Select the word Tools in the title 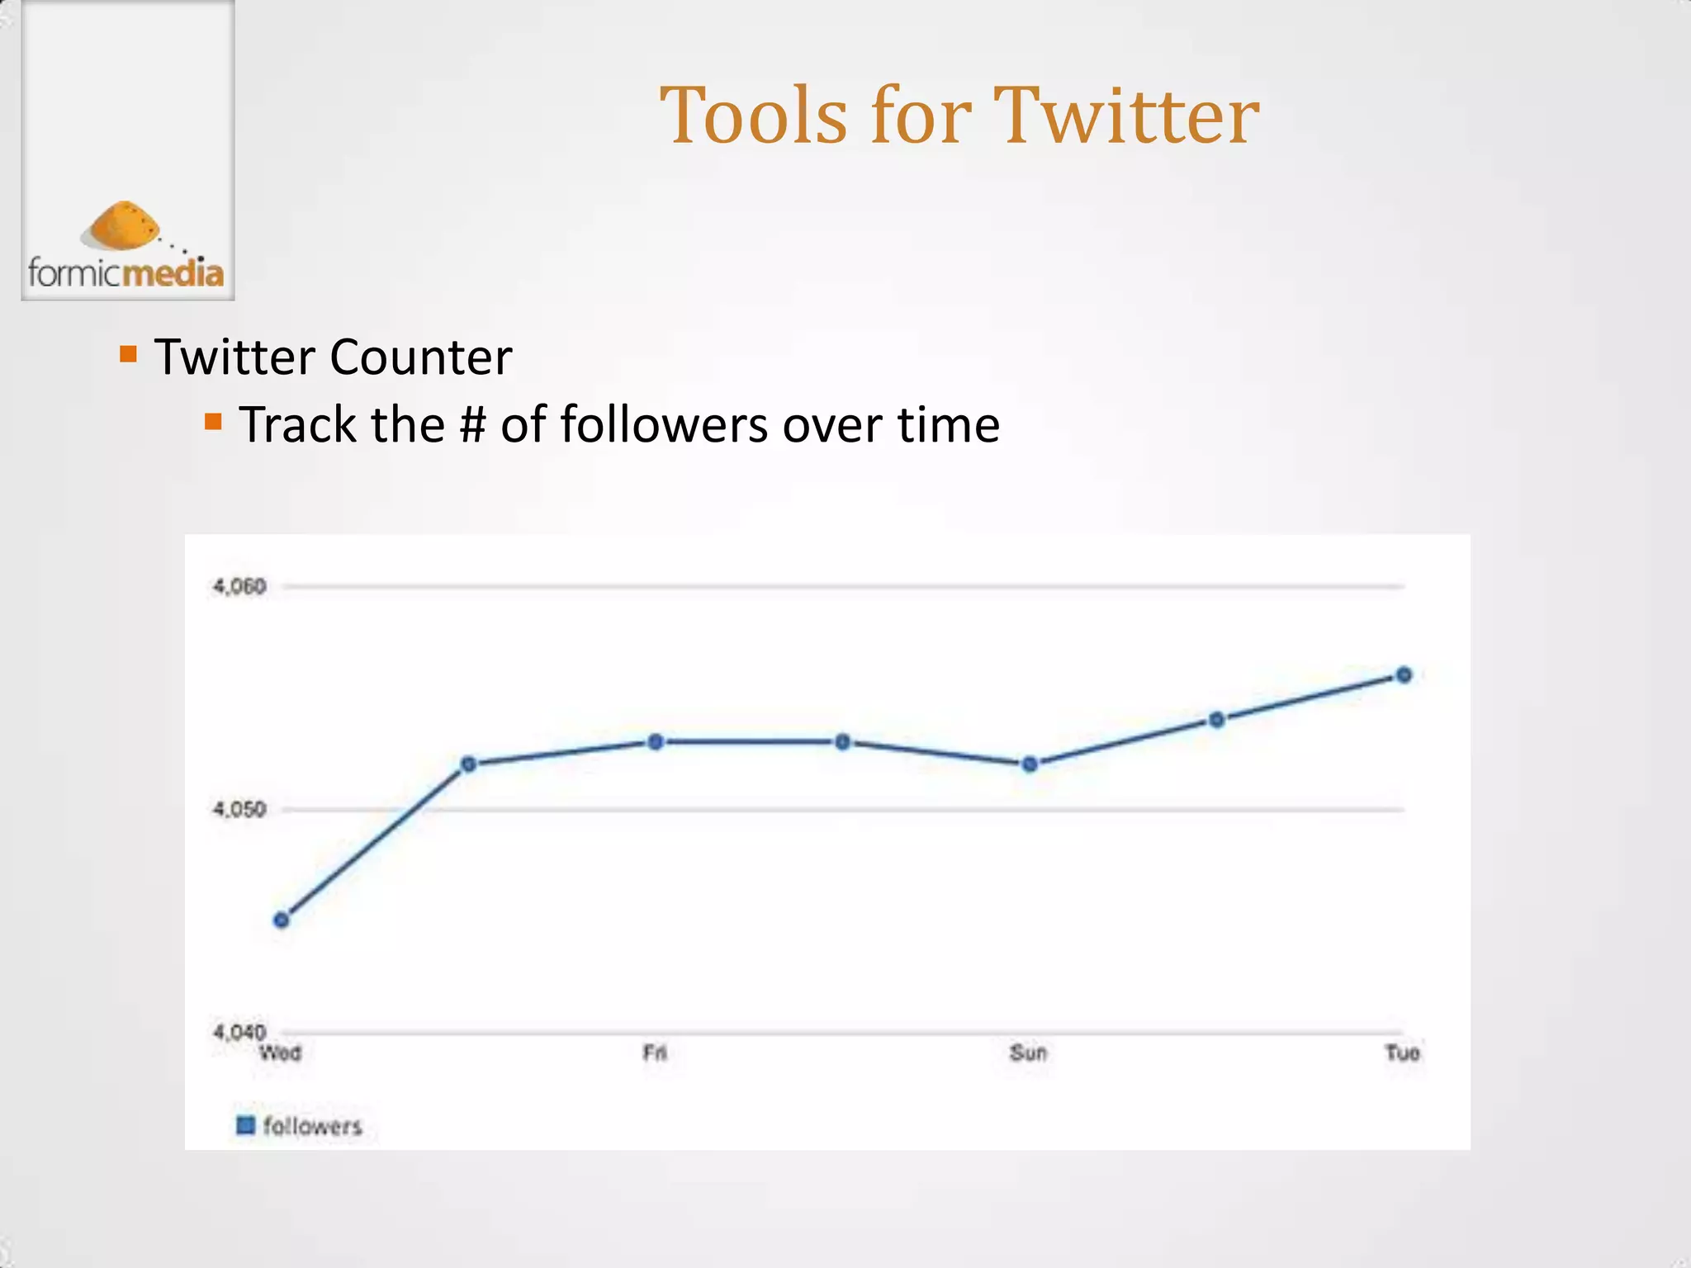coord(754,116)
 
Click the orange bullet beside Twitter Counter coord(128,354)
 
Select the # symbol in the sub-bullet coord(472,425)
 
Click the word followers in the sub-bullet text coord(664,425)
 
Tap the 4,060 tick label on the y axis coord(239,586)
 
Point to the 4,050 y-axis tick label coord(239,809)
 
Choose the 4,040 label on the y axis coord(239,1031)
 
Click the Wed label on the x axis coord(281,1053)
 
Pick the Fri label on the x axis coord(655,1053)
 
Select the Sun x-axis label coord(1028,1053)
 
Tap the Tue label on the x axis coord(1402,1053)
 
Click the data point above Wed coord(282,920)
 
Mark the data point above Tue coord(1404,675)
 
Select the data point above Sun coord(1030,764)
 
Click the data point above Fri coord(656,742)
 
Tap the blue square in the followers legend coord(245,1125)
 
